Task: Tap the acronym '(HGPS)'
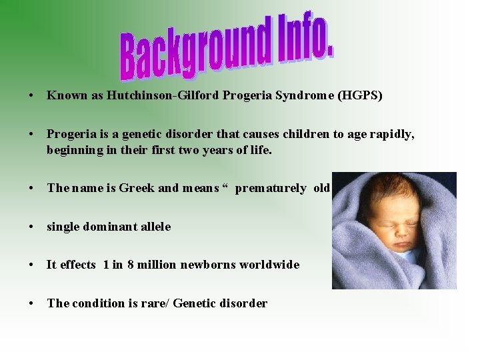(x=360, y=95)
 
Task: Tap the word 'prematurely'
(x=271, y=188)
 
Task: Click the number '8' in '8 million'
(x=131, y=265)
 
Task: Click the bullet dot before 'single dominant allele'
(x=32, y=227)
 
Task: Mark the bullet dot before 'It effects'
(x=32, y=265)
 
